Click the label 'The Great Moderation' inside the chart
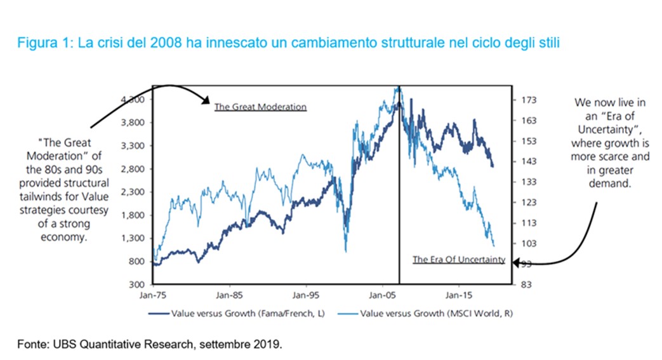(x=260, y=107)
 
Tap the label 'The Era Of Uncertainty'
(x=458, y=259)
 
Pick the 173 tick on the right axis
(x=529, y=100)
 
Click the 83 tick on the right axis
(x=527, y=284)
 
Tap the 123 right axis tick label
(x=529, y=203)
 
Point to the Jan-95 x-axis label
(x=305, y=295)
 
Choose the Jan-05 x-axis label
(x=381, y=295)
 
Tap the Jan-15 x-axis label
(x=458, y=295)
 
